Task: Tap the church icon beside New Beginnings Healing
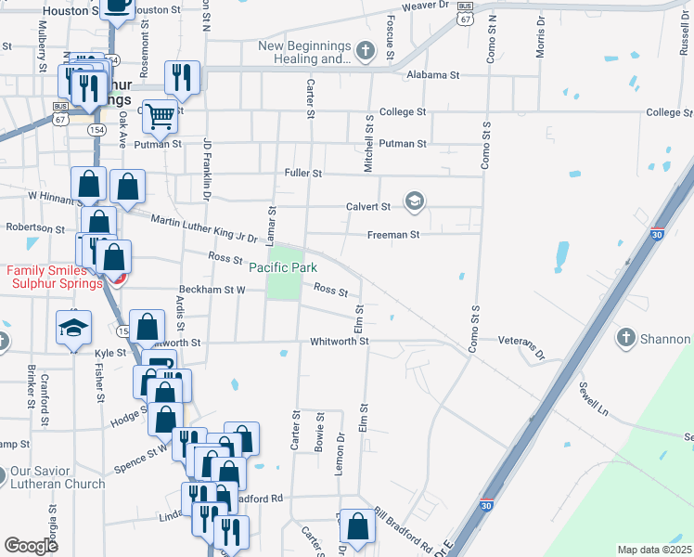tap(366, 50)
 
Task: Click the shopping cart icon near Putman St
tap(161, 116)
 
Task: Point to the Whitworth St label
tap(339, 342)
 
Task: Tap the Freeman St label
tap(393, 235)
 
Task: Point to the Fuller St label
tap(303, 174)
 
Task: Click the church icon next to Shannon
tap(626, 339)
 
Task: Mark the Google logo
tap(32, 546)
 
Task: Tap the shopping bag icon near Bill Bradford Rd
tap(357, 526)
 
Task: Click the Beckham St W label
tap(212, 290)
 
